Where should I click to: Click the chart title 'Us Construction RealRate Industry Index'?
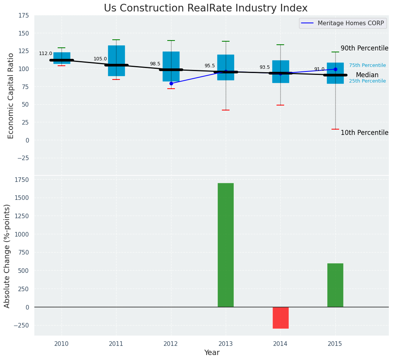pos(205,8)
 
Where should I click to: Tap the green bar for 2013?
pos(225,245)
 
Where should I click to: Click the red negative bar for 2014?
pos(280,318)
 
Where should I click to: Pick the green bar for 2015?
pos(335,285)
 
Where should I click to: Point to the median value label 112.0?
pos(45,54)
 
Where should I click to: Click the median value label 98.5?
pos(155,64)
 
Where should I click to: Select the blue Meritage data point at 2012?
pos(171,83)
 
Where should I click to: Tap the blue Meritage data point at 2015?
pos(335,69)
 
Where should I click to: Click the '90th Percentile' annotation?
pos(364,49)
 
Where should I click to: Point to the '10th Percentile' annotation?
pos(364,133)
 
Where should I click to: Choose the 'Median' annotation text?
pos(367,75)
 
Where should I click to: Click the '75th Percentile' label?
pos(367,65)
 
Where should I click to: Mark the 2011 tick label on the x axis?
pos(116,344)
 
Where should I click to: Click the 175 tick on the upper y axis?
pos(23,15)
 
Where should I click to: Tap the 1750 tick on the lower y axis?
pos(21,180)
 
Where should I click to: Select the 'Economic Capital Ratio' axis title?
pos(11,96)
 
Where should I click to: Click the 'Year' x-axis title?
pos(212,353)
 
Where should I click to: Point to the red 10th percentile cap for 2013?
pos(226,110)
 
